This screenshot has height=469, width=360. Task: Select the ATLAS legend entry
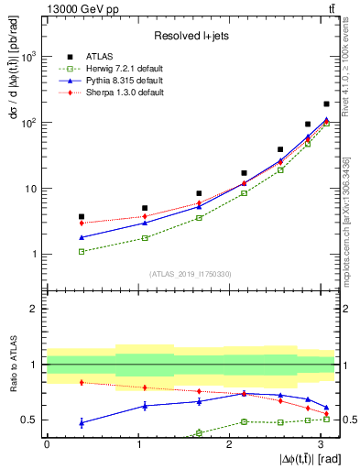(x=135, y=57)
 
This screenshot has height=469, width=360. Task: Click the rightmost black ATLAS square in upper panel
(x=327, y=104)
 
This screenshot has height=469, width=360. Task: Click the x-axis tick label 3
(x=320, y=443)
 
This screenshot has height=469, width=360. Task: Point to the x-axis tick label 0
(x=47, y=443)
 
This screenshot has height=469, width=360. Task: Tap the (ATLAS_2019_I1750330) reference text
(x=191, y=274)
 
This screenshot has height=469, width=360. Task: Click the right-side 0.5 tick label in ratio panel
(x=348, y=420)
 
